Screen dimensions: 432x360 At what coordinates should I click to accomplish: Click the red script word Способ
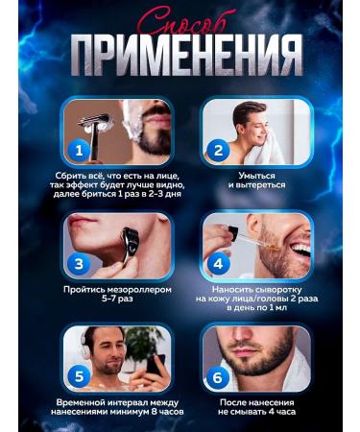(180, 21)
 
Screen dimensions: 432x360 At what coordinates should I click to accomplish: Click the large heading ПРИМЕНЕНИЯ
(180, 57)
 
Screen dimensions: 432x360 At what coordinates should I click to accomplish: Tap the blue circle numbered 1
(80, 150)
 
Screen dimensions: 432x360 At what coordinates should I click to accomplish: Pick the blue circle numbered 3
(80, 261)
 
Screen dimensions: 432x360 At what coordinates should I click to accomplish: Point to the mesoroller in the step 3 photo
(131, 240)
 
